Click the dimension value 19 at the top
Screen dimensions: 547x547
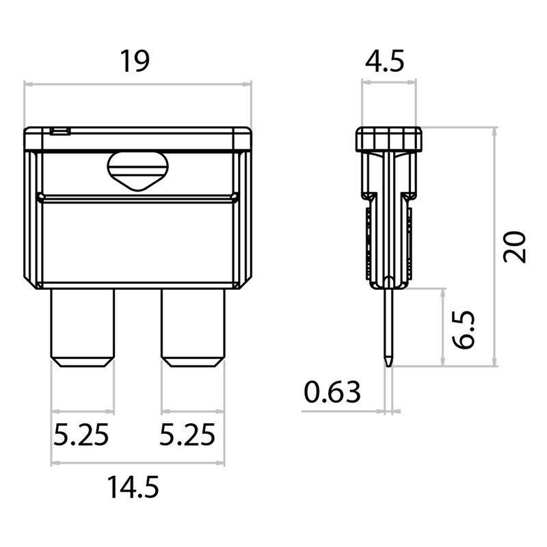coord(135,61)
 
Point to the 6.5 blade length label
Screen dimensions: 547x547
coord(465,329)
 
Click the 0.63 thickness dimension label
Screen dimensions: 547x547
coord(332,392)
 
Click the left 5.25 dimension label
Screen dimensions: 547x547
coord(81,434)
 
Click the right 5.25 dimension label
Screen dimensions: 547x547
coord(187,434)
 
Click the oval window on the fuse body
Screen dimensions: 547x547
coord(137,170)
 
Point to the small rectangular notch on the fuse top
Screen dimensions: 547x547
coord(60,131)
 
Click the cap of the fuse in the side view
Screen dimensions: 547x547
coord(388,139)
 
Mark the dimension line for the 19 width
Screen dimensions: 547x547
coord(137,85)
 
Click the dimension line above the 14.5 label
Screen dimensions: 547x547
coord(137,463)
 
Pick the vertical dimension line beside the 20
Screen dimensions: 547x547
coord(494,246)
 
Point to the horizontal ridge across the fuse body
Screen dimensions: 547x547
coord(137,198)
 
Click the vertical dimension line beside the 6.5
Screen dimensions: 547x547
coord(443,327)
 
